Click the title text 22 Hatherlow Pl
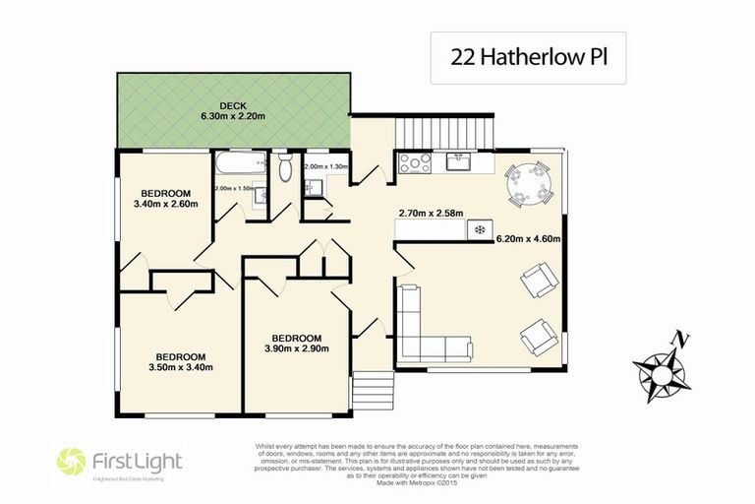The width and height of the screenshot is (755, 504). [528, 57]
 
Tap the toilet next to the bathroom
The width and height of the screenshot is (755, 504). [284, 168]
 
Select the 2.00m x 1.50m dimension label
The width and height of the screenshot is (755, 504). [234, 187]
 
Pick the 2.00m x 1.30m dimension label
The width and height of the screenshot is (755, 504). [325, 167]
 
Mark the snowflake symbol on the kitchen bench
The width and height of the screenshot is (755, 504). [480, 229]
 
